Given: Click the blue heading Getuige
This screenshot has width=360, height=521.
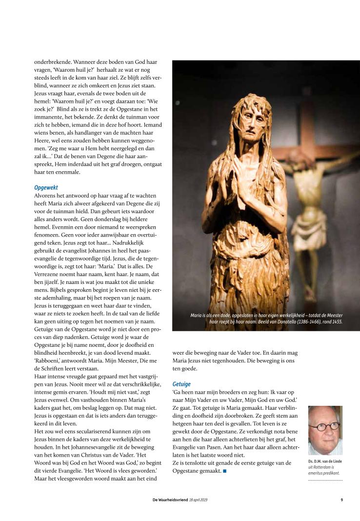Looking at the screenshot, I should click(x=181, y=384).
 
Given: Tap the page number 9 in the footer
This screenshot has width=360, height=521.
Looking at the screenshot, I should click(x=341, y=499).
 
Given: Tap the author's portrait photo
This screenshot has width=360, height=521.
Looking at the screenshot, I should click(x=325, y=430).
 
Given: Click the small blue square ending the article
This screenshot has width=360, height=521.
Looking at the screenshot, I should click(x=225, y=471).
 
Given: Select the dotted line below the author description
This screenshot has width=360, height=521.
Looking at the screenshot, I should click(x=325, y=480).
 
